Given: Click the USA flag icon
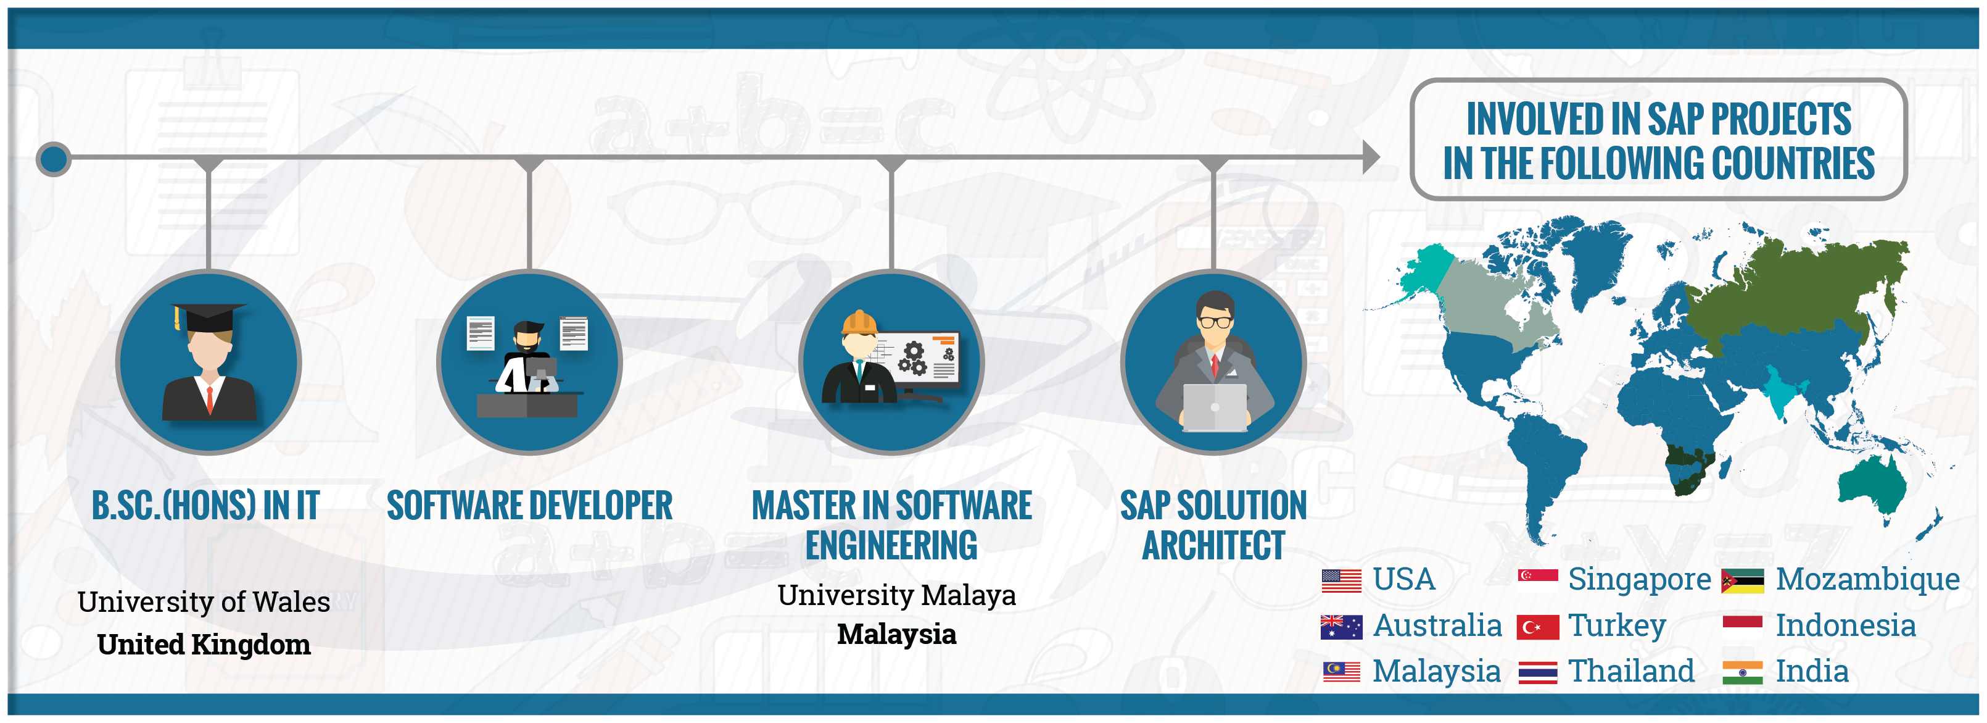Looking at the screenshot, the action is [x=1341, y=580].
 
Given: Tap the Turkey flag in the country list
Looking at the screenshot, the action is [x=1537, y=627].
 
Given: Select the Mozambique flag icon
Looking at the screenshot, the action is [x=1743, y=581].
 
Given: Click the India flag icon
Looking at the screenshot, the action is [x=1743, y=673].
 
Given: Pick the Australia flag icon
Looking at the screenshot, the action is [x=1341, y=627].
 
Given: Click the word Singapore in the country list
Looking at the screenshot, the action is [x=1639, y=580].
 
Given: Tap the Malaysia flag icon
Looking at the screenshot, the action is [x=1341, y=672].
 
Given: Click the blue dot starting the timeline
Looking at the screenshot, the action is [x=53, y=159].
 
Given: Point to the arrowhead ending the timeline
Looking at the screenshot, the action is [x=1371, y=157].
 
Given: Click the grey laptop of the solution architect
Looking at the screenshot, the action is [x=1214, y=407].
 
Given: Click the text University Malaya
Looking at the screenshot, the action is [x=896, y=596].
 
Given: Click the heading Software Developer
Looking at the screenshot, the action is [x=529, y=506].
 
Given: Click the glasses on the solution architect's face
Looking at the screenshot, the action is [x=1215, y=322].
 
